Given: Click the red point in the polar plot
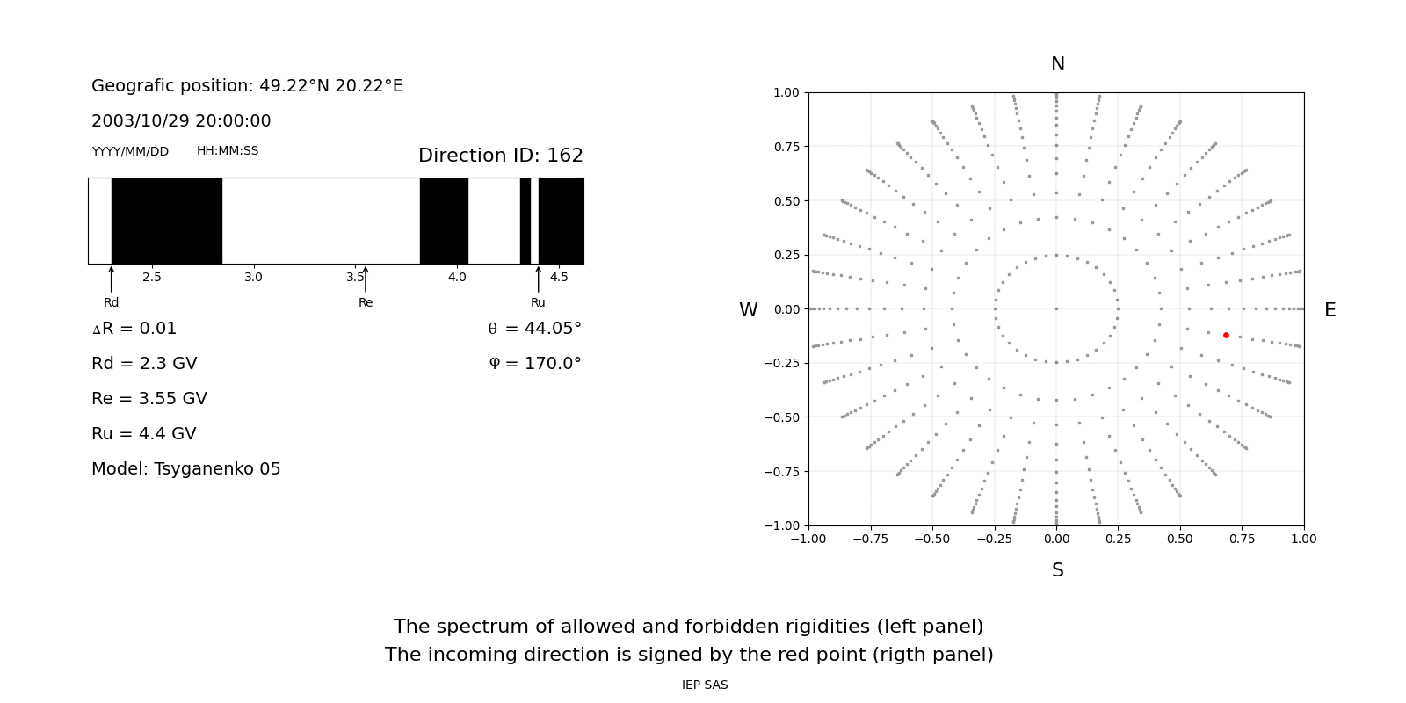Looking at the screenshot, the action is [1226, 335].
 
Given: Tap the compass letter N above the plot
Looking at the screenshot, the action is [1058, 64].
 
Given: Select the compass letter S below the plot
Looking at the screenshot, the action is [1058, 570].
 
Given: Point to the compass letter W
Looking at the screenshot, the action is [748, 310].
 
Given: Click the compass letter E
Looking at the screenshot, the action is [1330, 310].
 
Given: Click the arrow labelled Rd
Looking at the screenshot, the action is [111, 279].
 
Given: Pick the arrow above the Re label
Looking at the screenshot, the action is [366, 279].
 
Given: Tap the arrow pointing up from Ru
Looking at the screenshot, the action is [538, 279].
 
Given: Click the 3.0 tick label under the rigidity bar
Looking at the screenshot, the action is [254, 278].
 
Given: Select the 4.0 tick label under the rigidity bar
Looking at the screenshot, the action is [457, 278].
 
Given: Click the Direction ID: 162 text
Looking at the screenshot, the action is [501, 155].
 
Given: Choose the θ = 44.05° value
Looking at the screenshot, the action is [535, 329].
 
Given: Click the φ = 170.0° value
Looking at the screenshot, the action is [535, 364].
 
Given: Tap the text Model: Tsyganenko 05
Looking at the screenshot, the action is [185, 469].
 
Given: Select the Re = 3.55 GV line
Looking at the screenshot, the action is [149, 399].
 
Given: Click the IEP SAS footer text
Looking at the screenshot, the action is [705, 685].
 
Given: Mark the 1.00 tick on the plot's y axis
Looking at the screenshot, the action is [786, 93].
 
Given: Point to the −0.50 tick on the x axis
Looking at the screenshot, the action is [932, 539].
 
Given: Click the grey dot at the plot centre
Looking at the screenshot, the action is [1057, 308].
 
